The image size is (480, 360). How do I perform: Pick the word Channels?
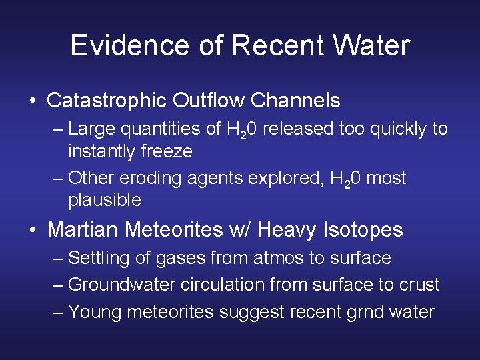click(x=295, y=101)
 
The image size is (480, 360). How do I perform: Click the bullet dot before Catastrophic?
click(x=33, y=101)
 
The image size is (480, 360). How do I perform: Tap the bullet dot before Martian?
click(x=33, y=231)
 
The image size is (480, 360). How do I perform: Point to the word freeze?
click(x=167, y=151)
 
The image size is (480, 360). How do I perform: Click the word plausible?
click(x=105, y=200)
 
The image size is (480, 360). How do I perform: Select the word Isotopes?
click(x=363, y=230)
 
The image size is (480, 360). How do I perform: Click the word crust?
click(x=419, y=285)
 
